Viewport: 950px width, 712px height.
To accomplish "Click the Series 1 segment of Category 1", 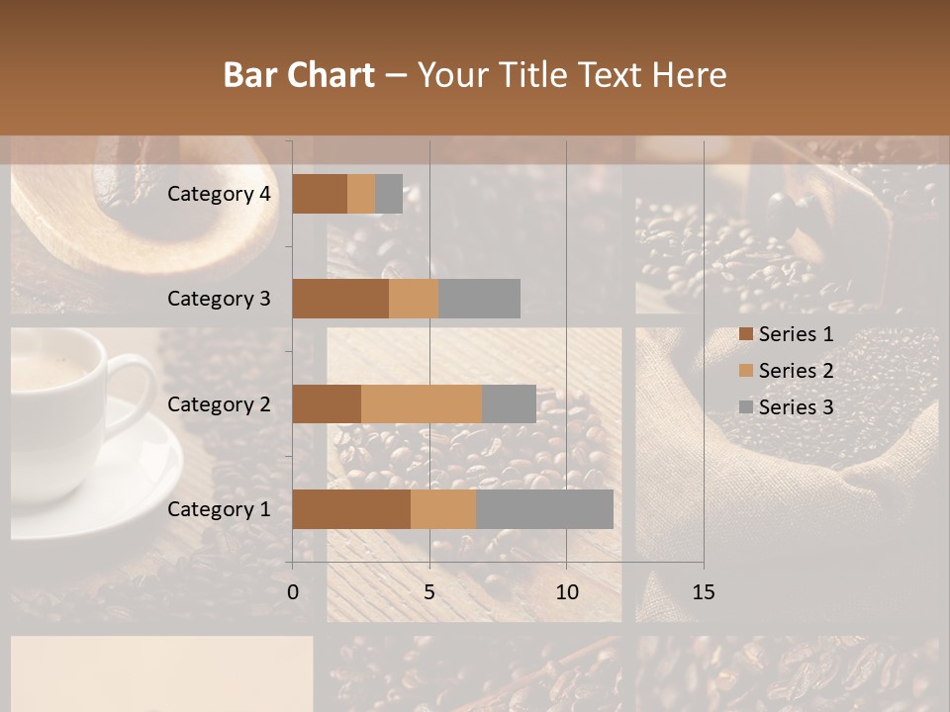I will coord(351,509).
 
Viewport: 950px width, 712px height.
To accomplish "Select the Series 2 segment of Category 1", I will coord(443,509).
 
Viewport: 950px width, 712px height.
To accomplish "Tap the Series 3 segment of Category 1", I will coord(544,509).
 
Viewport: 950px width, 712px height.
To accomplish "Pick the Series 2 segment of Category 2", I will coord(422,403).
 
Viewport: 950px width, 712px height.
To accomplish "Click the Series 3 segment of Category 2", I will coord(509,403).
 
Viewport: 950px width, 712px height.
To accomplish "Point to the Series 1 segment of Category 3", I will coord(340,299).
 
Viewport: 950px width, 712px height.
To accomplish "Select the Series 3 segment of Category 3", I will coord(479,299).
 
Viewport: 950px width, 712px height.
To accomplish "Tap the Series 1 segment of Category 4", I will coord(320,194).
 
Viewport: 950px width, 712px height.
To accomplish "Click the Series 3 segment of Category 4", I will coord(389,194).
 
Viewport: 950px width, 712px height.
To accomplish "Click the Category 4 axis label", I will coord(219,194).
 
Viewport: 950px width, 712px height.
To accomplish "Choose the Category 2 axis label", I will coord(219,403).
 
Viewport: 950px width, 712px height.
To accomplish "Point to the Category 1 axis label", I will coord(219,509).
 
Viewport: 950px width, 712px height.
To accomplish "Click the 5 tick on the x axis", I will coord(429,592).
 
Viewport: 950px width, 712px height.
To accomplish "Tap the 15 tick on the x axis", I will coord(703,592).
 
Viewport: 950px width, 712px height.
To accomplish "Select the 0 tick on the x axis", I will coord(293,592).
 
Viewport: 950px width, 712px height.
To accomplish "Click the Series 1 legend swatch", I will coord(745,334).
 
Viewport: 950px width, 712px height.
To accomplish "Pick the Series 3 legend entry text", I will coord(796,407).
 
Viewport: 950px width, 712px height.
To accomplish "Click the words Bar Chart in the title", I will coord(299,75).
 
